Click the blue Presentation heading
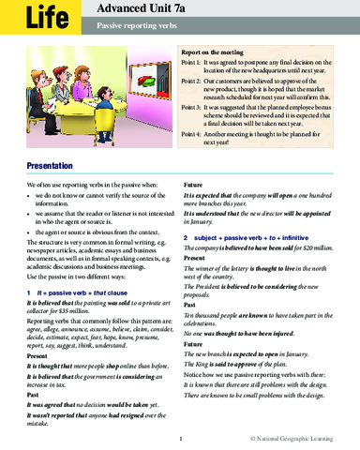[x=31, y=165]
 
